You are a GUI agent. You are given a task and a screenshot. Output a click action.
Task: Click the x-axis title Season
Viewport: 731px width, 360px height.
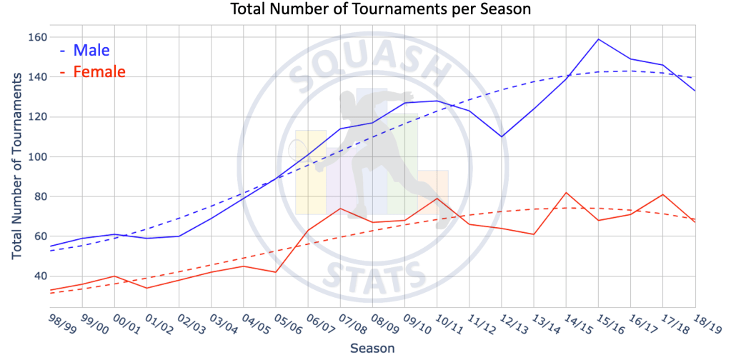[372, 348]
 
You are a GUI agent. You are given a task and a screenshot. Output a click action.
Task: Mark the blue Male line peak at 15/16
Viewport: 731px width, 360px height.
[598, 39]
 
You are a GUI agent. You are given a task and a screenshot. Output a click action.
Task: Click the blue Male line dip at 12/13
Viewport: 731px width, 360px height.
[502, 136]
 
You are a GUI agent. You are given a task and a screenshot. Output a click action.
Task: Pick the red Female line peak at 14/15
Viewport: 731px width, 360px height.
[566, 192]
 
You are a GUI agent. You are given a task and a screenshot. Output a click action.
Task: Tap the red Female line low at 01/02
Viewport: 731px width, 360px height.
[146, 288]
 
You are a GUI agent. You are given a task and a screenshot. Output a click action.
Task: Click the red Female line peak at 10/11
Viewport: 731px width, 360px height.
[437, 199]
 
